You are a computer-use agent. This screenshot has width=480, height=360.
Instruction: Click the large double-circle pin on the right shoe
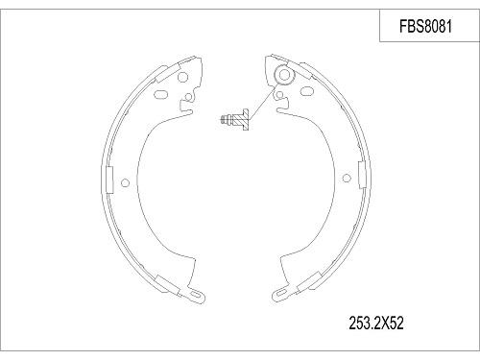click(x=284, y=77)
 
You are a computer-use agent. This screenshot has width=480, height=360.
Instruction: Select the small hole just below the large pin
click(x=279, y=95)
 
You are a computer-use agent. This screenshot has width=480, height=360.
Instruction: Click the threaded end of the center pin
click(x=228, y=119)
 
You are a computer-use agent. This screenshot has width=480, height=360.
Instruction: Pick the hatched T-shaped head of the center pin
click(x=244, y=119)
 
